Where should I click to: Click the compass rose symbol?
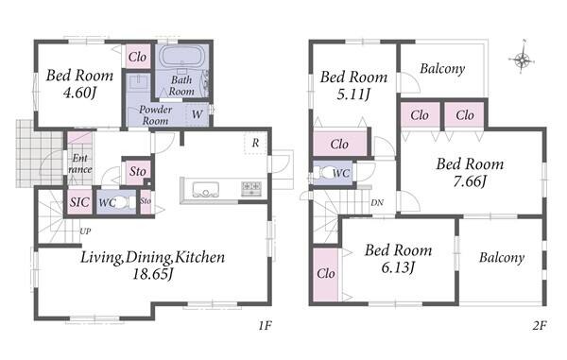click(x=522, y=58)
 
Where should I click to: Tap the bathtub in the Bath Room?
click(x=182, y=57)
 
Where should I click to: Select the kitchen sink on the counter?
click(x=205, y=190)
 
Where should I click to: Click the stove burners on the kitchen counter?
click(x=251, y=188)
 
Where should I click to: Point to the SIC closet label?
click(x=79, y=201)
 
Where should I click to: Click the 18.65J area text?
click(x=152, y=274)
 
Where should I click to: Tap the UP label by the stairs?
click(x=85, y=231)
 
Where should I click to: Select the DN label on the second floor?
click(x=377, y=203)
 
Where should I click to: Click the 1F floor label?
click(x=265, y=326)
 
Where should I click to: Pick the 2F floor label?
click(x=540, y=326)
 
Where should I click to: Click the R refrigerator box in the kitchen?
click(x=256, y=143)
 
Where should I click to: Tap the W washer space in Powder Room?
click(x=198, y=114)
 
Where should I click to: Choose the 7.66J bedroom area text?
click(x=470, y=181)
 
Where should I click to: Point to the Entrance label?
click(x=80, y=163)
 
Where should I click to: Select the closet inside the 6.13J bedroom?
click(x=325, y=274)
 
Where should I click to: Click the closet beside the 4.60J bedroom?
click(x=137, y=57)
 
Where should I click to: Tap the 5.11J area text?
click(x=353, y=94)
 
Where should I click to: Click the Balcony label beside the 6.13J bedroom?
click(x=502, y=258)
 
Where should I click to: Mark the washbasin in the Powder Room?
click(x=138, y=82)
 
